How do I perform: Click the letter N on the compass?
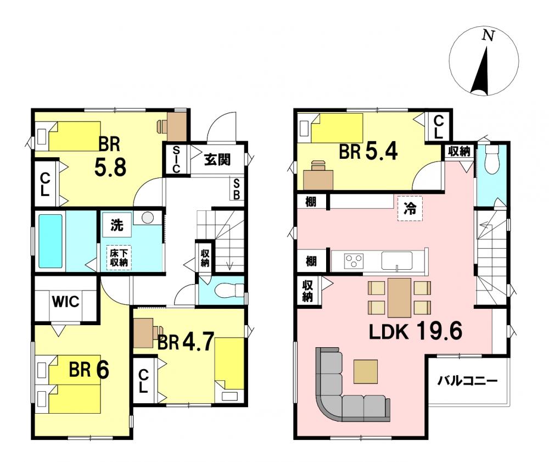pyautogui.click(x=488, y=35)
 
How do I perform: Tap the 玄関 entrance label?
pyautogui.click(x=217, y=160)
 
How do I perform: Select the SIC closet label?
pyautogui.click(x=176, y=160)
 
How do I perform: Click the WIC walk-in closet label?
pyautogui.click(x=66, y=302)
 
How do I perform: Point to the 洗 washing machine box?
pyautogui.click(x=116, y=225)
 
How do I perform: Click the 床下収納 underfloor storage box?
pyautogui.click(x=119, y=258)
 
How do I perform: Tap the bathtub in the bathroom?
pyautogui.click(x=51, y=241)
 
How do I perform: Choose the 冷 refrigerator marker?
pyautogui.click(x=410, y=209)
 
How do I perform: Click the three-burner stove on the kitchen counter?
pyautogui.click(x=354, y=261)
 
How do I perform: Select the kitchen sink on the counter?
pyautogui.click(x=397, y=261)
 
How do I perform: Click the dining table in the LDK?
pyautogui.click(x=399, y=298)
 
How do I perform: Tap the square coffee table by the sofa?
pyautogui.click(x=366, y=371)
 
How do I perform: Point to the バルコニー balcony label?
pyautogui.click(x=467, y=380)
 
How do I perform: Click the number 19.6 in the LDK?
pyautogui.click(x=440, y=331)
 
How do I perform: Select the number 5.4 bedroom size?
pyautogui.click(x=382, y=152)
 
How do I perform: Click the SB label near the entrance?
pyautogui.click(x=237, y=189)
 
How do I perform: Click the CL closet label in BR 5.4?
pyautogui.click(x=438, y=127)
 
